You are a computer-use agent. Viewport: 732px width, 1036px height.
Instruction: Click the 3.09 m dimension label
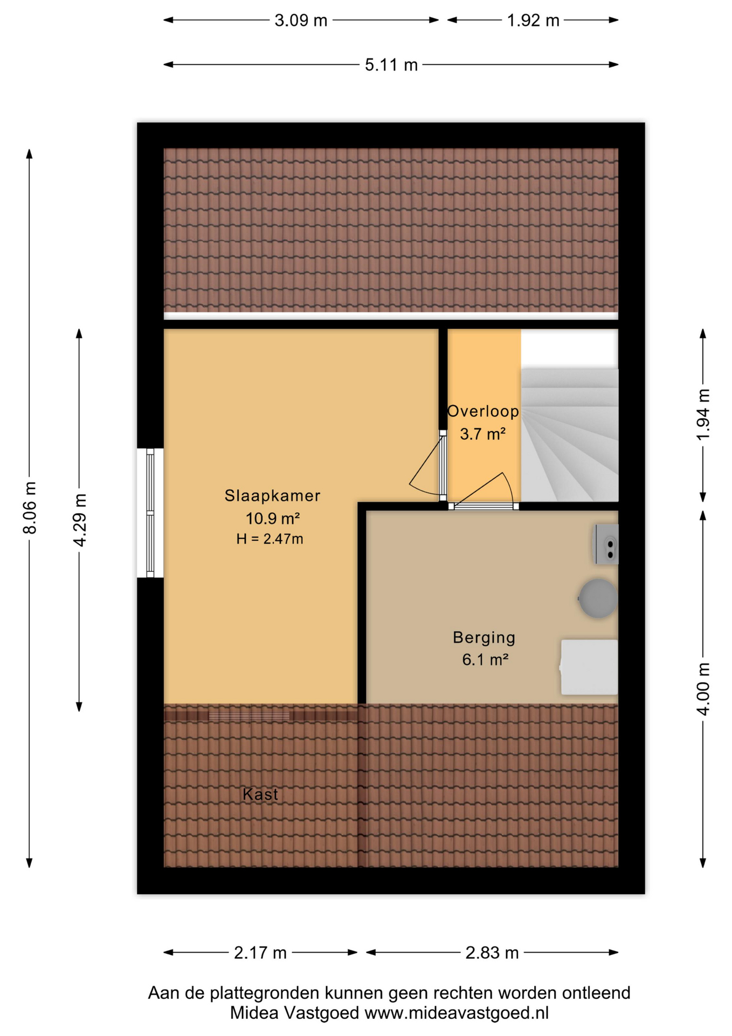[x=301, y=21]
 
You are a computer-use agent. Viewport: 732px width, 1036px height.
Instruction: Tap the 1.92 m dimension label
[x=533, y=21]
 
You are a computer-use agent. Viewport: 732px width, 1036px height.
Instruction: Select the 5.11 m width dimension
[x=391, y=65]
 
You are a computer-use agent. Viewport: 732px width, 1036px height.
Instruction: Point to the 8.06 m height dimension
[x=30, y=508]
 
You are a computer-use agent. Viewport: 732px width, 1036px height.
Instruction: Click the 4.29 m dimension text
[x=80, y=520]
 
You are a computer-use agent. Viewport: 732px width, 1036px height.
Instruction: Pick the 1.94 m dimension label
[x=703, y=414]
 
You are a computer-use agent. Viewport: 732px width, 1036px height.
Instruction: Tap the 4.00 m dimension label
[x=703, y=689]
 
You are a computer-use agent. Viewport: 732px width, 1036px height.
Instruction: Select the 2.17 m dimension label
[x=260, y=953]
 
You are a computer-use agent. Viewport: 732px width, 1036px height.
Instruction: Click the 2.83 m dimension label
[x=492, y=953]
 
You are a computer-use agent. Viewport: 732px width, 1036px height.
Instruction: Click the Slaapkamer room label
[x=272, y=495]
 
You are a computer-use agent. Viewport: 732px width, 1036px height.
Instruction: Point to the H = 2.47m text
[x=270, y=539]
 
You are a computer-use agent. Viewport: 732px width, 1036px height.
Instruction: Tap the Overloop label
[x=483, y=411]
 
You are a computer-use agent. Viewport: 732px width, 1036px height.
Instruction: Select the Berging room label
[x=484, y=637]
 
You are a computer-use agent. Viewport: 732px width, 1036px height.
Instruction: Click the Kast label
[x=260, y=794]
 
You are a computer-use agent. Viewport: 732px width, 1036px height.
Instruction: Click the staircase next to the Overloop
[x=569, y=435]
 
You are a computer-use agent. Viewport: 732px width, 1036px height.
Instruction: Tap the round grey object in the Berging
[x=598, y=598]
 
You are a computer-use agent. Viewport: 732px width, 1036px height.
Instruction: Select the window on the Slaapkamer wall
[x=150, y=513]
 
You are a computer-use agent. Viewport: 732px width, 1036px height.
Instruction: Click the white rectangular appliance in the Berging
[x=589, y=667]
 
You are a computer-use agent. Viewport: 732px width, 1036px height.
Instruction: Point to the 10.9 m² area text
[x=273, y=519]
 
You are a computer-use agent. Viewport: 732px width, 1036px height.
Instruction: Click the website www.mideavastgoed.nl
[x=457, y=1013]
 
